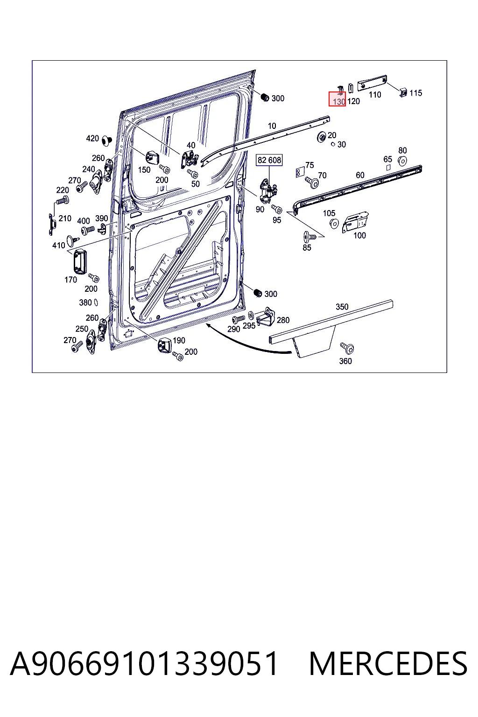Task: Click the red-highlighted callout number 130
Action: [339, 102]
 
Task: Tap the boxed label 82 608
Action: [269, 160]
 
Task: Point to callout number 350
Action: [342, 307]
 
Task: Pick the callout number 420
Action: [92, 138]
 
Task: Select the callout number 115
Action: [415, 93]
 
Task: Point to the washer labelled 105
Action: [334, 224]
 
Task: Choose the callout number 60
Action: [360, 175]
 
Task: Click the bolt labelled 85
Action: [309, 237]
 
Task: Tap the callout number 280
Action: [283, 320]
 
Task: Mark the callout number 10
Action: [272, 126]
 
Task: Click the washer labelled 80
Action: [402, 161]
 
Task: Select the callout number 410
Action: [59, 246]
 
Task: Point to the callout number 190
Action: [179, 341]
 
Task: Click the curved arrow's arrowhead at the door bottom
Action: [208, 325]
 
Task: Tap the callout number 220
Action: [63, 190]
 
